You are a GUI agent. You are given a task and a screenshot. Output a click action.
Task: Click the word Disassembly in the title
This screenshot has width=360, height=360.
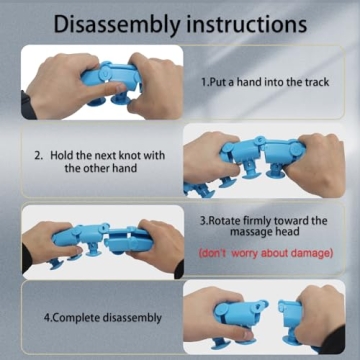pyautogui.click(x=117, y=24)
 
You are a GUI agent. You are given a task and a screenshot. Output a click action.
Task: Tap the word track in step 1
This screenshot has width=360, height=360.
pyautogui.click(x=316, y=82)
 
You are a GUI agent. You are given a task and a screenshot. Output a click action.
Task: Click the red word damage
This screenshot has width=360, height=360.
pyautogui.click(x=307, y=253)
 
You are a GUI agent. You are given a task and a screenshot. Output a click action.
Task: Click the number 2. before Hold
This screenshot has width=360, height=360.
pyautogui.click(x=39, y=156)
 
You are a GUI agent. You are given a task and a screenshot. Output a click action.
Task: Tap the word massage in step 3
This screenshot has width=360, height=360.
pyautogui.click(x=251, y=232)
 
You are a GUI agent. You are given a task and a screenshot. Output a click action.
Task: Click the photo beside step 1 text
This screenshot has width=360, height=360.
pyautogui.click(x=102, y=82)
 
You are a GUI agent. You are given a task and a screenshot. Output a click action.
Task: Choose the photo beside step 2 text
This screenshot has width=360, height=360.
pyautogui.click(x=264, y=161)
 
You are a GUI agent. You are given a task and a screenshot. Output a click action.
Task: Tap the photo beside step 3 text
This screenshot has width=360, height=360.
pyautogui.click(x=103, y=242)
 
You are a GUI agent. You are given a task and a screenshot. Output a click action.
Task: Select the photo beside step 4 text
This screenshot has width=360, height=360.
pyautogui.click(x=264, y=316)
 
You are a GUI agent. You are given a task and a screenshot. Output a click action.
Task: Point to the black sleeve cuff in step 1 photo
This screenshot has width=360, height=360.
pyautogui.click(x=27, y=105)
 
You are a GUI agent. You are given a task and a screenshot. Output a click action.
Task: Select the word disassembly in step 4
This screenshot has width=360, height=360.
pyautogui.click(x=132, y=318)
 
